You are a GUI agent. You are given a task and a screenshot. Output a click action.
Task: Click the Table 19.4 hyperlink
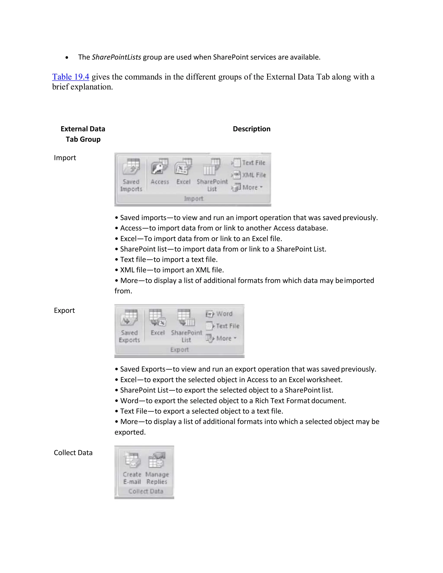(x=71, y=77)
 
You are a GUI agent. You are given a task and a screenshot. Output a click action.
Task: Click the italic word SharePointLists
(x=116, y=57)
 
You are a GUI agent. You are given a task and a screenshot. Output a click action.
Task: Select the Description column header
(x=251, y=129)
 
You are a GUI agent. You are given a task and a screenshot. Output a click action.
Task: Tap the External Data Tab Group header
(x=83, y=134)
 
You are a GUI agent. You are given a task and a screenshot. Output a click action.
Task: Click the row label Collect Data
(x=73, y=453)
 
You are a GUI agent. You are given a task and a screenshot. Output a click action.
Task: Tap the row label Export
(x=64, y=310)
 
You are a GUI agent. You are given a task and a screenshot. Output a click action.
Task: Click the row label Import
(x=65, y=158)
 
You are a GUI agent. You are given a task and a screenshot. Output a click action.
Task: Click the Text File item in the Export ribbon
(x=223, y=326)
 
